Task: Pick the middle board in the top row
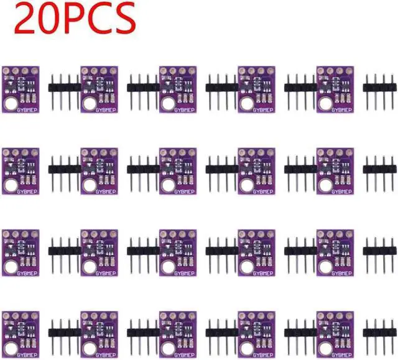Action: click(x=178, y=90)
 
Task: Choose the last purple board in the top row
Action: click(x=335, y=90)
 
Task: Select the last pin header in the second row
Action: click(x=379, y=169)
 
